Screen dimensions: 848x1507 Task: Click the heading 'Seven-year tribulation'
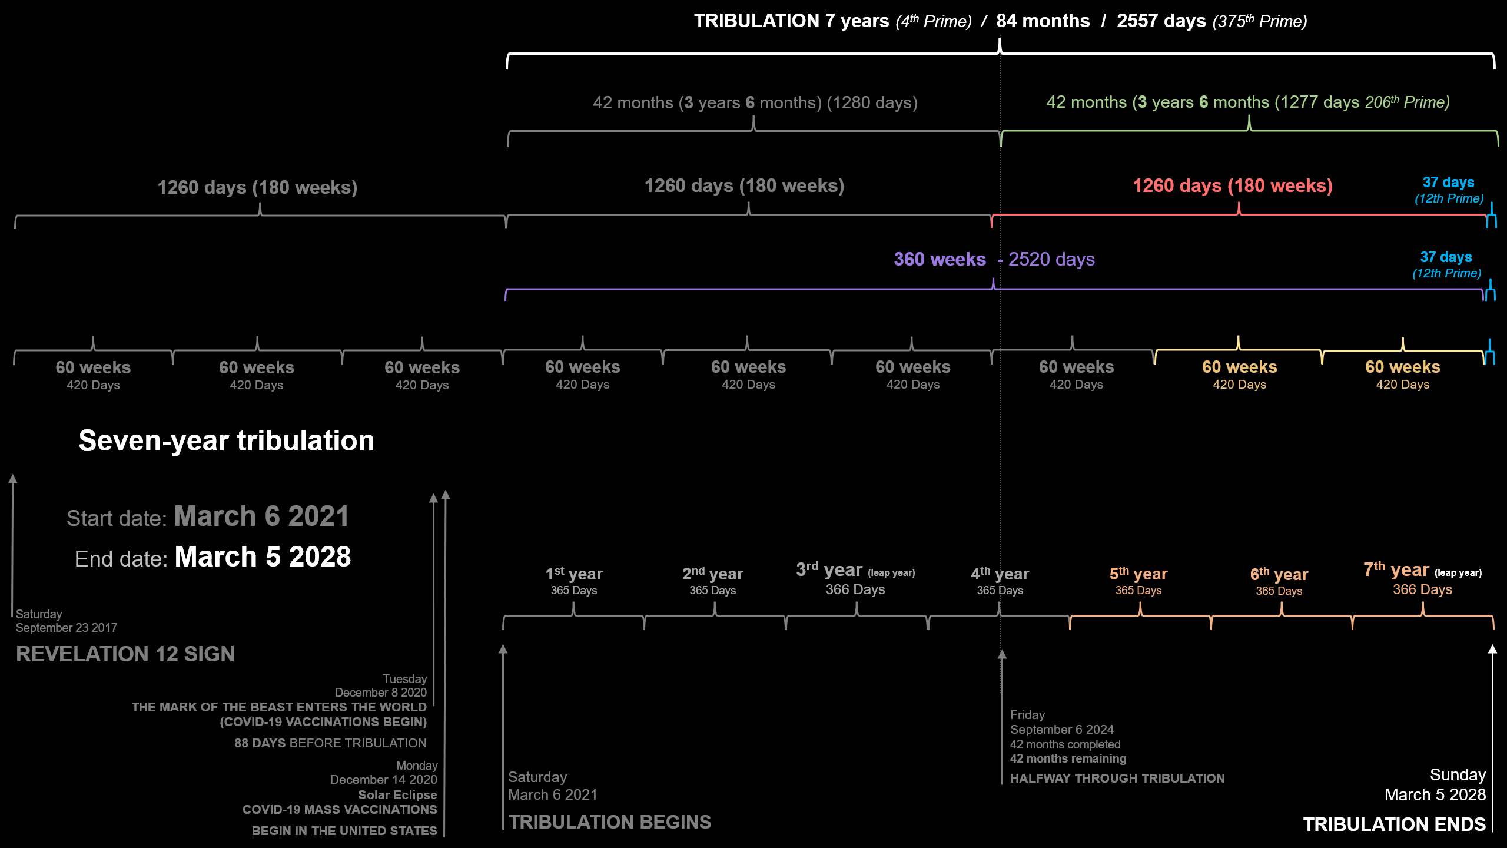(226, 440)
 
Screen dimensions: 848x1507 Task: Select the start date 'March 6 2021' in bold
(261, 516)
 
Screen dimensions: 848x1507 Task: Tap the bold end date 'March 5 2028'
(263, 557)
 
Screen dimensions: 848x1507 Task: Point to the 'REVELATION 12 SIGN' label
(125, 654)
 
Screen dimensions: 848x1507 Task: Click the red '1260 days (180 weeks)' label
(1233, 186)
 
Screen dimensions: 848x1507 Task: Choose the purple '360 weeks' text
(940, 259)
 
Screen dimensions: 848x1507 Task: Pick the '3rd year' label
(829, 570)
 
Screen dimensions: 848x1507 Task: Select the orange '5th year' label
(1138, 574)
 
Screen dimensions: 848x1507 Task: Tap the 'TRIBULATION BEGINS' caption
(610, 822)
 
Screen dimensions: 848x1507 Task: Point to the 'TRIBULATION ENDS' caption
(1394, 824)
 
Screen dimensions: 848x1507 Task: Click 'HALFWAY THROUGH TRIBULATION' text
(1117, 779)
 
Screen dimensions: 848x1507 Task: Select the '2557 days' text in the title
(1161, 21)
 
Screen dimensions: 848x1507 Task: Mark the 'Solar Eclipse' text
(397, 795)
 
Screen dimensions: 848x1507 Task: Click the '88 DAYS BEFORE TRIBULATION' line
(330, 743)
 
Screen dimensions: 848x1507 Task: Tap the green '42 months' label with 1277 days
(1248, 102)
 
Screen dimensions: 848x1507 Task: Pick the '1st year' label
(574, 574)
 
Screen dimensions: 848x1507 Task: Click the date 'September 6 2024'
(1062, 730)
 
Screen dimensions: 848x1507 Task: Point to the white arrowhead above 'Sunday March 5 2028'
(1492, 649)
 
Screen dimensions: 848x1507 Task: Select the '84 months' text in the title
(1043, 21)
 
